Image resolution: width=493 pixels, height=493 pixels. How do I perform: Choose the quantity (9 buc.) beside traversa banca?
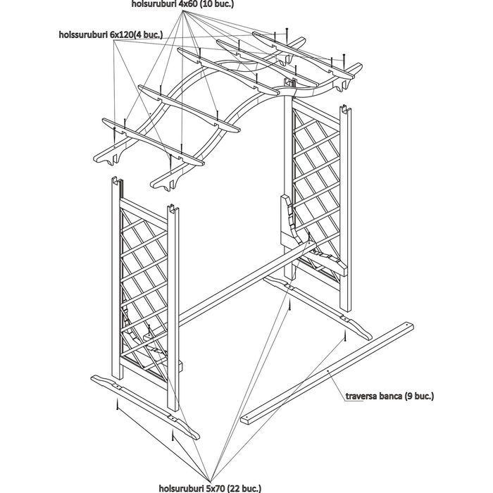(421, 397)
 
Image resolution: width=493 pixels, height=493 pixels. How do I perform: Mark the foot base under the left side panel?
(144, 402)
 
